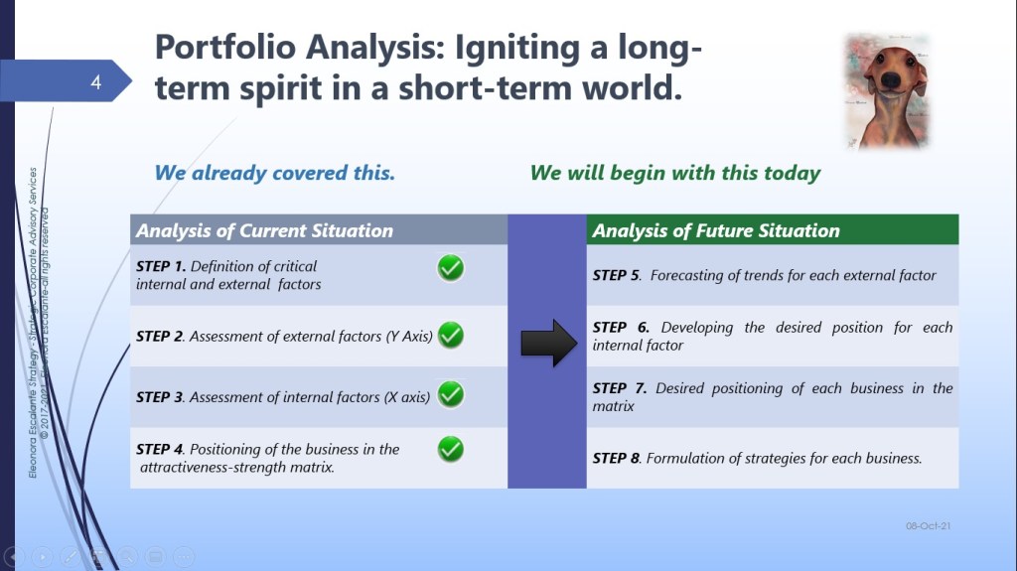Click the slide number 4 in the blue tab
[x=96, y=81]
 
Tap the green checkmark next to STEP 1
[x=451, y=268]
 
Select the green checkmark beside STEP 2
[x=451, y=335]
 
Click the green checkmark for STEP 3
[x=451, y=394]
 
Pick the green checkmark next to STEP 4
[x=451, y=449]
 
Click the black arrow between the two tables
[x=548, y=344]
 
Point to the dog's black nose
[x=891, y=80]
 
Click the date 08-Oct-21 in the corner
[x=929, y=525]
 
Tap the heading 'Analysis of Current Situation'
[x=264, y=231]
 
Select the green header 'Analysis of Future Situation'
[x=716, y=231]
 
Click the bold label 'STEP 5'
[x=616, y=275]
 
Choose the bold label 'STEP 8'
[x=616, y=458]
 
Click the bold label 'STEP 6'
[x=621, y=327]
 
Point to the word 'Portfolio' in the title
[x=225, y=48]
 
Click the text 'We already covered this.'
[x=274, y=173]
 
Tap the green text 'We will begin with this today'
[x=675, y=173]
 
